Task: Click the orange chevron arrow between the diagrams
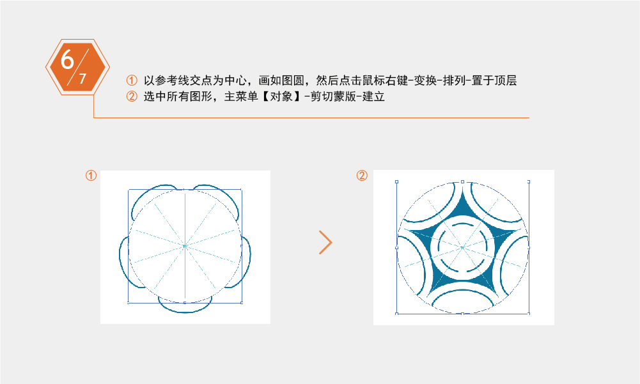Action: [326, 242]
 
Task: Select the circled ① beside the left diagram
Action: [91, 175]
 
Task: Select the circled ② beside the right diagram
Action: [361, 175]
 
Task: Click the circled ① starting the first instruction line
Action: [132, 81]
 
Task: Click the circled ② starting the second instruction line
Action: [132, 98]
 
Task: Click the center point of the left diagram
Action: [185, 245]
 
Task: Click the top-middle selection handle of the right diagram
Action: [462, 181]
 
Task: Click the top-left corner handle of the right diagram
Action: [397, 181]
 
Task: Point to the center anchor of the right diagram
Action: [462, 247]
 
